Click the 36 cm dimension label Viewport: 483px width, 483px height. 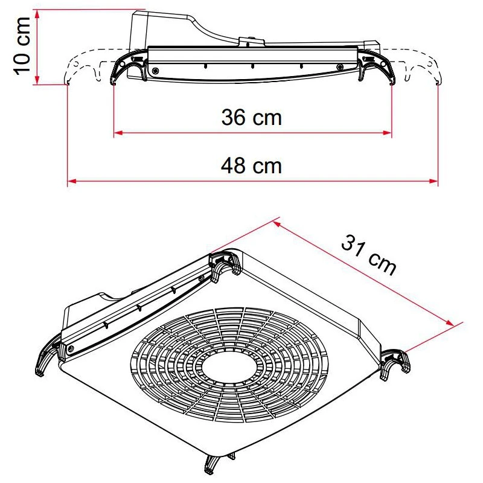(251, 117)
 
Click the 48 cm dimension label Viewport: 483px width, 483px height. (251, 165)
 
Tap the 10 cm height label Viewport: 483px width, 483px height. (23, 46)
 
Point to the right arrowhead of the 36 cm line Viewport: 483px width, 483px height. (388, 132)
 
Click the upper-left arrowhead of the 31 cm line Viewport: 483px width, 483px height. (277, 223)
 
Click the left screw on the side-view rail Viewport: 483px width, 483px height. (156, 71)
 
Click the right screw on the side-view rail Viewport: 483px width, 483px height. (340, 67)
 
